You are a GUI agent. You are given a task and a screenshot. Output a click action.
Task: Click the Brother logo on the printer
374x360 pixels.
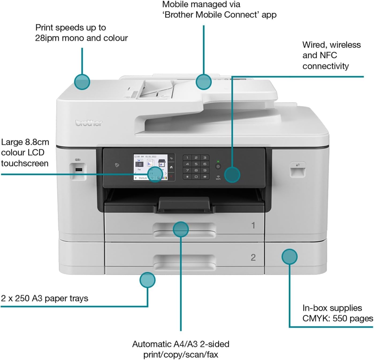coord(89,123)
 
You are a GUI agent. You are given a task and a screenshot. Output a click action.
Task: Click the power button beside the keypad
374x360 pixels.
coord(218,166)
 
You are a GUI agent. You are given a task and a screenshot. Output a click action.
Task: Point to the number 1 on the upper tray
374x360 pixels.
coord(253,226)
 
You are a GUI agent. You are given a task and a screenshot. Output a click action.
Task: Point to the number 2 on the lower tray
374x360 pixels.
coord(253,258)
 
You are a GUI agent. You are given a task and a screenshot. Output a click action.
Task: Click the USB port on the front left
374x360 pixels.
coord(78,170)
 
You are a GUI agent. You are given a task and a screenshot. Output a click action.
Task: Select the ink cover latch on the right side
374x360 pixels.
coord(298,170)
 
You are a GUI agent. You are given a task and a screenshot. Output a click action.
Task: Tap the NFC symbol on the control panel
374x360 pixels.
coord(117,165)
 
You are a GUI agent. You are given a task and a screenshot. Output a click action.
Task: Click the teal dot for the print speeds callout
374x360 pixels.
coord(82,82)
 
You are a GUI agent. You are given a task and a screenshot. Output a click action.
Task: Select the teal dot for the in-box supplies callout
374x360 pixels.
coord(289,257)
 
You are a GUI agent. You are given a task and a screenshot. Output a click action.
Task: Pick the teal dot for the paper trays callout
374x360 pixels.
coord(147,280)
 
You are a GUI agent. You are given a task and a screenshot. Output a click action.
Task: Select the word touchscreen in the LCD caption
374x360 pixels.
coord(25,163)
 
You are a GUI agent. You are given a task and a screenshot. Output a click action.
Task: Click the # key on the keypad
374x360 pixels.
coord(205,177)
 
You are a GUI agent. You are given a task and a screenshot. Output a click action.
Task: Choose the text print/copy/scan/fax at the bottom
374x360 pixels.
coord(181,355)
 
